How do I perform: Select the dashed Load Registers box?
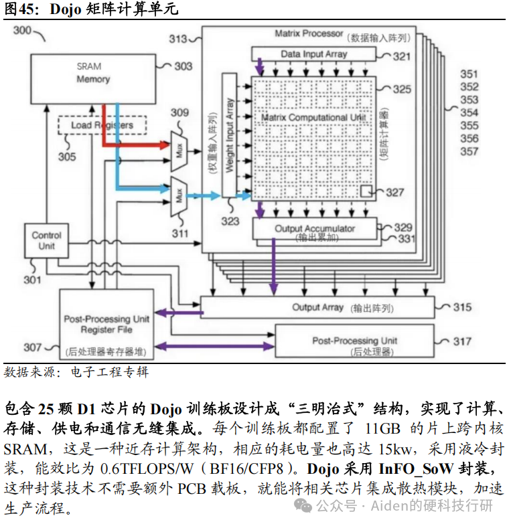coord(102,125)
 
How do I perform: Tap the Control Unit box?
coord(46,241)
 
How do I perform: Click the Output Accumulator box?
coord(315,229)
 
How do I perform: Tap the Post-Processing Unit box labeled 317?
coord(354,342)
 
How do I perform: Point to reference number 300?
coord(22,30)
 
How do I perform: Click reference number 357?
coord(469,151)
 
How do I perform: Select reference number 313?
coord(177,39)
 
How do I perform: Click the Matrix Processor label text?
coord(309,33)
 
